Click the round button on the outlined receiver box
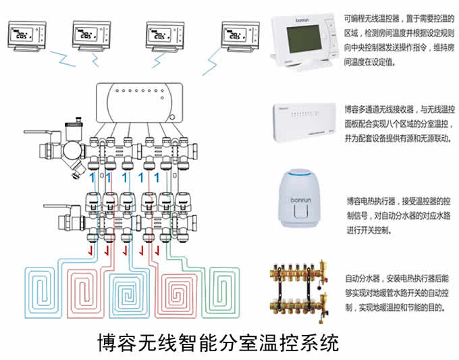pyautogui.click(x=171, y=118)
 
